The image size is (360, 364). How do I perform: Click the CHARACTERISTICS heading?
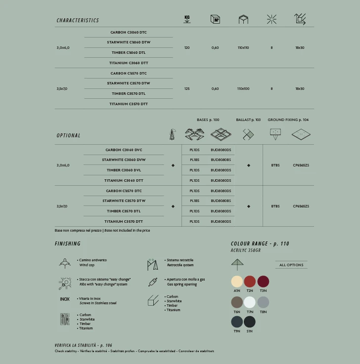(x=78, y=20)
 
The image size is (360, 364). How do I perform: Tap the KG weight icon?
(x=187, y=19)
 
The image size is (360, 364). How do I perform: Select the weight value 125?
(x=187, y=89)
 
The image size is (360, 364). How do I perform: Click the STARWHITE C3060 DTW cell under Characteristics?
(x=129, y=42)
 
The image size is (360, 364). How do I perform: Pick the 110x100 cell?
(x=243, y=89)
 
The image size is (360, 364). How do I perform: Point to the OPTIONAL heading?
(x=68, y=135)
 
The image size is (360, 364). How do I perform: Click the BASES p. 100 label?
(x=208, y=120)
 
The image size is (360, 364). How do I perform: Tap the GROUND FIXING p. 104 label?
(x=288, y=120)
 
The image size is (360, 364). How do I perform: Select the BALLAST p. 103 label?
(x=248, y=120)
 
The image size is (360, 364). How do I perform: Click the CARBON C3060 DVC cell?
(x=124, y=150)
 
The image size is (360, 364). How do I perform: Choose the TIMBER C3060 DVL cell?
(x=124, y=170)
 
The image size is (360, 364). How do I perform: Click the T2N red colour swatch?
(x=250, y=282)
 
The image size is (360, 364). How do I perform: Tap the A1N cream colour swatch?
(x=237, y=282)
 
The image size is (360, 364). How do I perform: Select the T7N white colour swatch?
(x=250, y=302)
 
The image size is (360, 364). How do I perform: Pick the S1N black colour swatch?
(x=250, y=322)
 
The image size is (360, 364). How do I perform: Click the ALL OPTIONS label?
(x=291, y=265)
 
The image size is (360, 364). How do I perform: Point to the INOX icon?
(x=65, y=299)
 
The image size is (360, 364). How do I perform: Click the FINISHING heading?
(x=68, y=243)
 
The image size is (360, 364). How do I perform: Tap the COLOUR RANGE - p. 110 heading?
(x=260, y=243)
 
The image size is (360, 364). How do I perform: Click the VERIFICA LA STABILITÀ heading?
(x=83, y=345)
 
